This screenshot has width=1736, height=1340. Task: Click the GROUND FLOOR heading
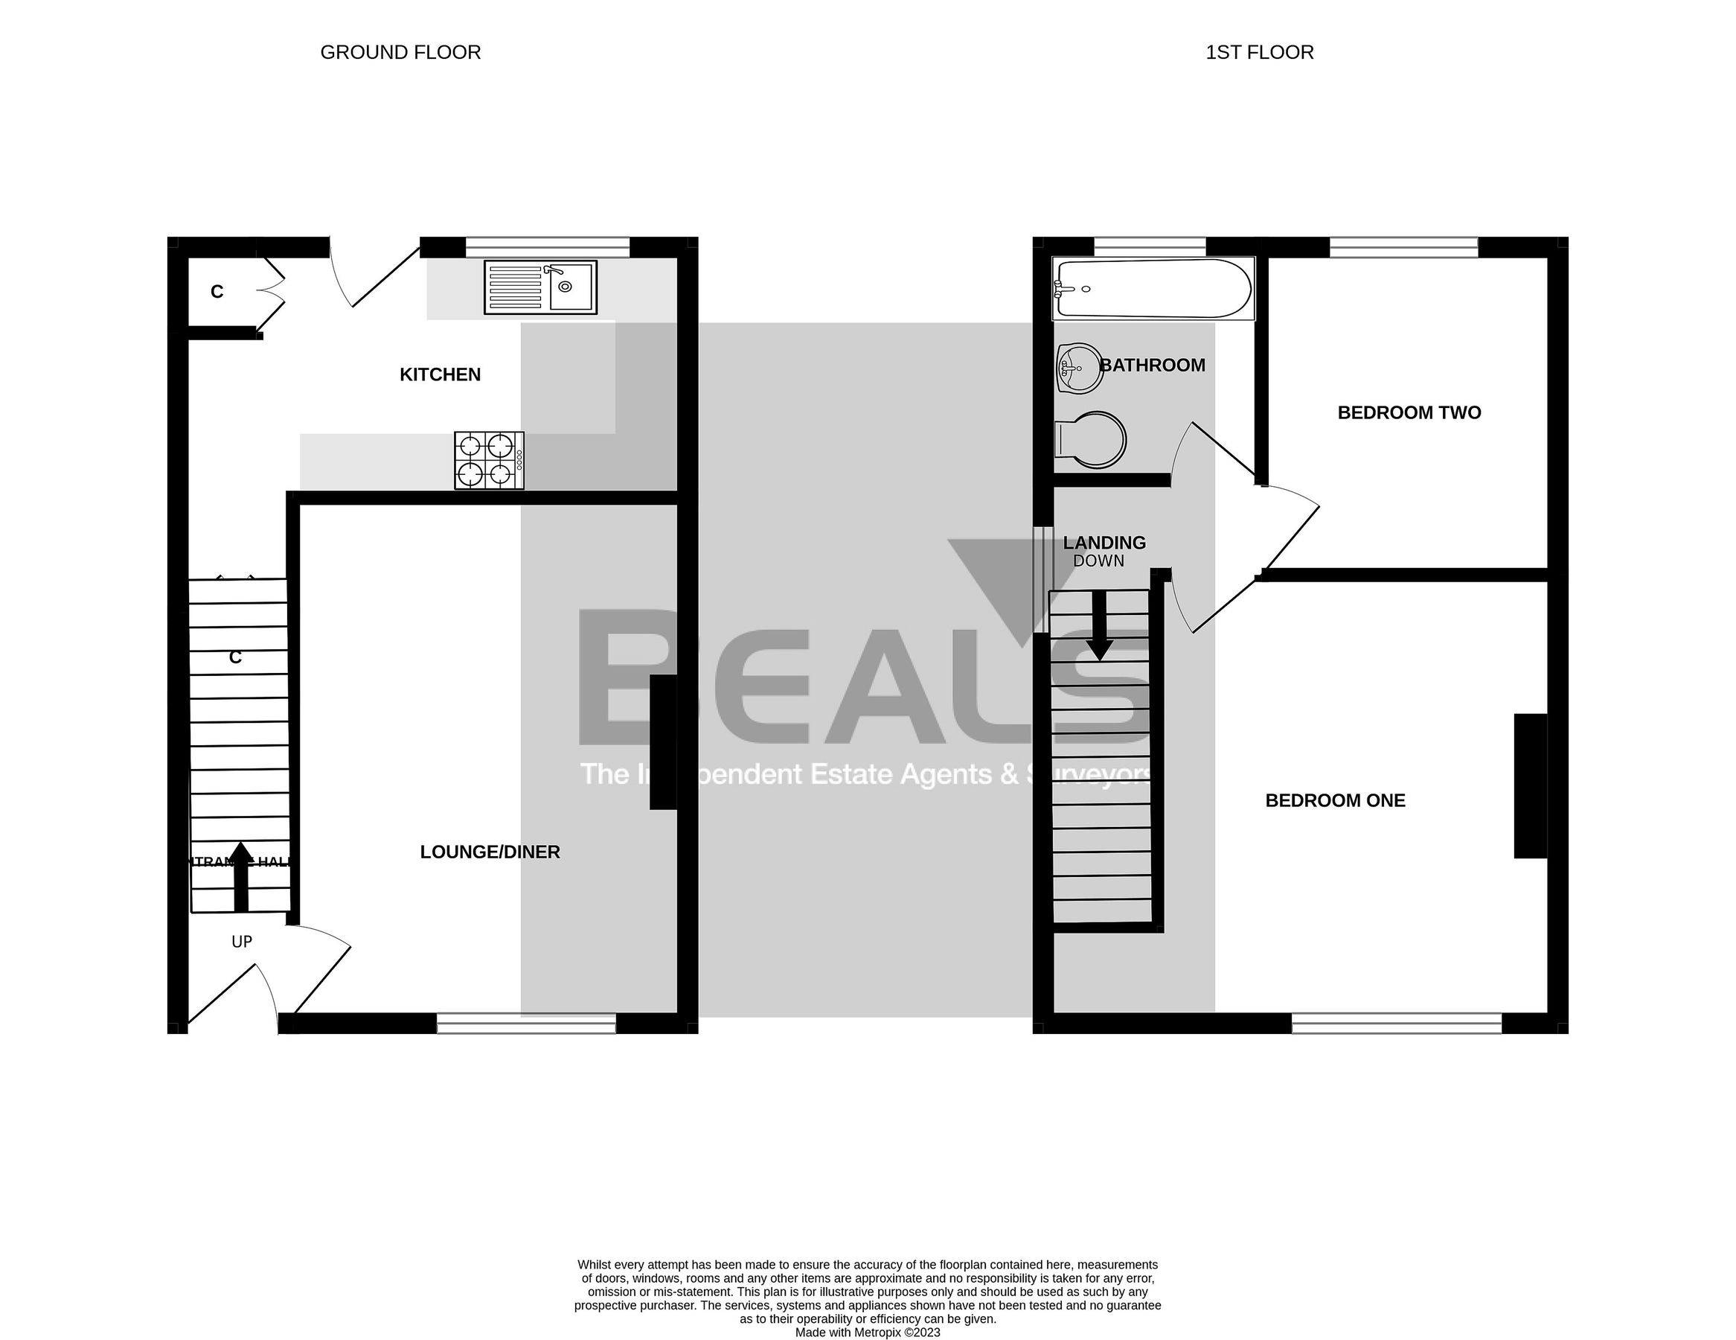click(400, 53)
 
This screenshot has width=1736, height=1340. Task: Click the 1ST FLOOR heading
click(1259, 53)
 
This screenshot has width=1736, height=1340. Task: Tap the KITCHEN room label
click(440, 374)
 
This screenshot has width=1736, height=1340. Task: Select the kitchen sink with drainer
click(540, 287)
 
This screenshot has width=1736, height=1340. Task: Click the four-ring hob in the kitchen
click(489, 461)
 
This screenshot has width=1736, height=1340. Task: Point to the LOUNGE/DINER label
click(490, 852)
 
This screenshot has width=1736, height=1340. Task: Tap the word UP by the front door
click(242, 942)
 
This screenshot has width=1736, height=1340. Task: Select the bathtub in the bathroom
click(1153, 290)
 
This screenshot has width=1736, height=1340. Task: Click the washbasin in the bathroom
click(1080, 368)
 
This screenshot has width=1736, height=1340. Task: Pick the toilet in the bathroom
click(1091, 440)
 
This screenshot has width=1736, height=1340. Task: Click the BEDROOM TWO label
click(1409, 412)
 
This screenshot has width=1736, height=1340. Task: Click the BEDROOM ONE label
click(1335, 801)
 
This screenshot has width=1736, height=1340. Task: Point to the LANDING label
click(1104, 543)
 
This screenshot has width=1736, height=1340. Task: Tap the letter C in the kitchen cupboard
click(217, 292)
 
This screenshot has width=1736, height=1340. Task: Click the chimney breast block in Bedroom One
click(1529, 785)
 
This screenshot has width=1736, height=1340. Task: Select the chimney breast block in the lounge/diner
click(663, 742)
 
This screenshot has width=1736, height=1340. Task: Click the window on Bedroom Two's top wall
click(1403, 247)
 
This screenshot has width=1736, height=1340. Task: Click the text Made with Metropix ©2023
click(867, 1332)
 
